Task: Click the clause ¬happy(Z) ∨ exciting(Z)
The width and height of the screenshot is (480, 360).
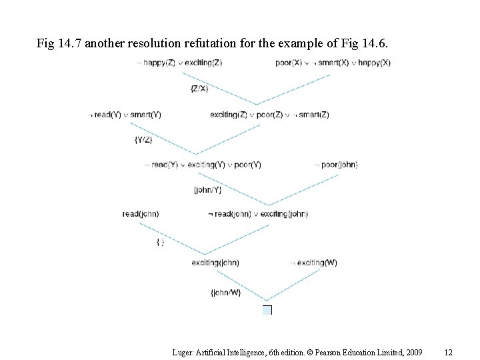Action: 179,63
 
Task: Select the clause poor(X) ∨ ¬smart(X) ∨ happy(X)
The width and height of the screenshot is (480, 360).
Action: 332,63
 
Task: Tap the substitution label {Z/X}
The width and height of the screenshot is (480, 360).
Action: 199,88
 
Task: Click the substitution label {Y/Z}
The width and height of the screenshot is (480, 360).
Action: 143,139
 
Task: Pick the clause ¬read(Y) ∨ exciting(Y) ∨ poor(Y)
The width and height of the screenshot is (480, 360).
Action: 203,165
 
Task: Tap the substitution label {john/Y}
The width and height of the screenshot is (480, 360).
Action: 207,189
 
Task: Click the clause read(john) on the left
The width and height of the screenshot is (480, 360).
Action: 141,214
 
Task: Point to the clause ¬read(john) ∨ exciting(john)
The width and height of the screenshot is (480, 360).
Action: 257,214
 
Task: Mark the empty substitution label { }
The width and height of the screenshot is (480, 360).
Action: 160,242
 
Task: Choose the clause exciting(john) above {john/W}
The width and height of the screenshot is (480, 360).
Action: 215,263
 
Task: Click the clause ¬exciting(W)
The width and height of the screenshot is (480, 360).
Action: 314,263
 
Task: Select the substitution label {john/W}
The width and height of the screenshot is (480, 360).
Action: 225,293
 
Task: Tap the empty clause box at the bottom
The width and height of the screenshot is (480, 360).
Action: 267,310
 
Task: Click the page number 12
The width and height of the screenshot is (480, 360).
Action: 448,351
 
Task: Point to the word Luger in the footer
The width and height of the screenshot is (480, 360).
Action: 182,351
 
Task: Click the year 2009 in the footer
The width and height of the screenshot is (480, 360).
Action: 413,351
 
